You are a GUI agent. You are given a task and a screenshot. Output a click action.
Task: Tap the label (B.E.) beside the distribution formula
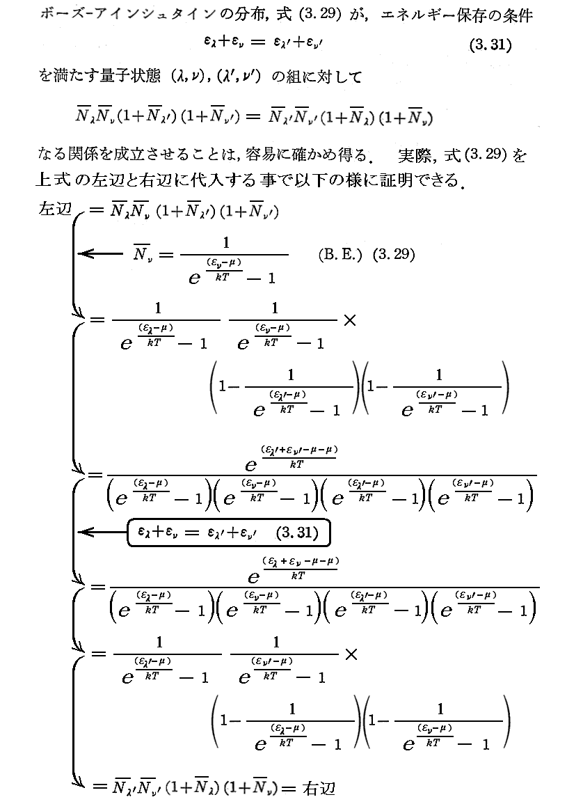(338, 255)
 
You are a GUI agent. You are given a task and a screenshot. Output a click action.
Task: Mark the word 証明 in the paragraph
(392, 180)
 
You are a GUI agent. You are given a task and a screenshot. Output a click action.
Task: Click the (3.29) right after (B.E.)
(393, 255)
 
